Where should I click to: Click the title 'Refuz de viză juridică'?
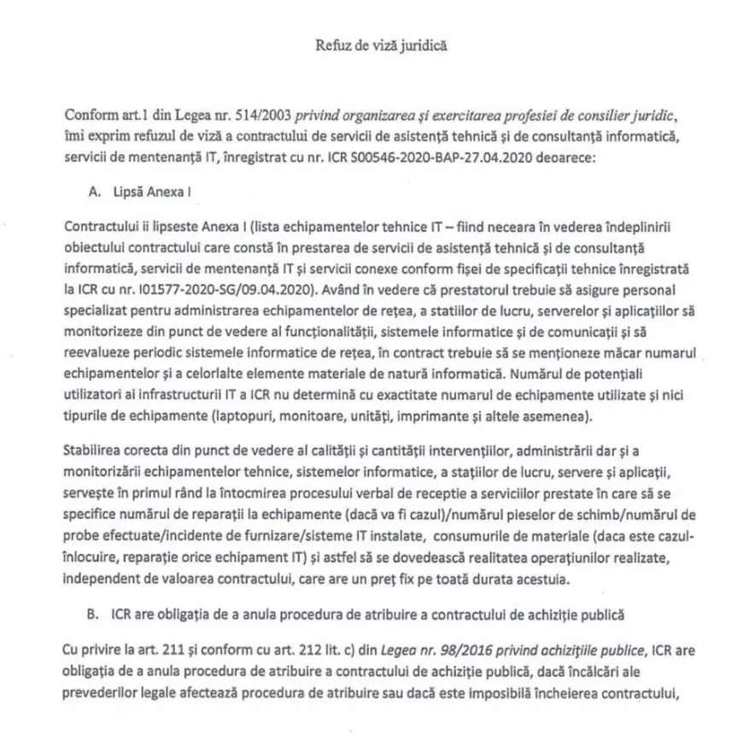[x=371, y=40]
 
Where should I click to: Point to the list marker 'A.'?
[x=94, y=193]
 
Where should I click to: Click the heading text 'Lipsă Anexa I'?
[x=150, y=193]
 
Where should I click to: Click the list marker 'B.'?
[x=94, y=615]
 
